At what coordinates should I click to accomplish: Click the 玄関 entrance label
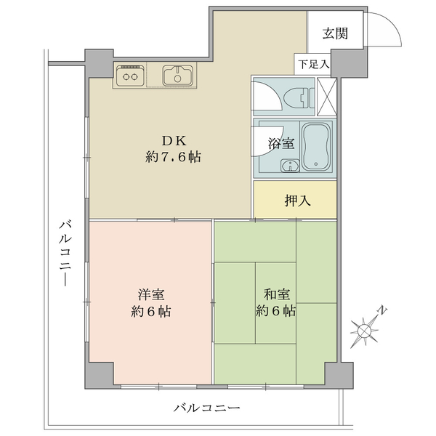[335, 33]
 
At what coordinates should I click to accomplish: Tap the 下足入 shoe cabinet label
[314, 65]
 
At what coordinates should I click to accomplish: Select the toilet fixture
[299, 97]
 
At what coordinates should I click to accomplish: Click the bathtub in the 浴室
[316, 147]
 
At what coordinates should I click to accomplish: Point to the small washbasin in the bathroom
[290, 166]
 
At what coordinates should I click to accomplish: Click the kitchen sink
[178, 76]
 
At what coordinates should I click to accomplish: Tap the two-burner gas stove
[130, 76]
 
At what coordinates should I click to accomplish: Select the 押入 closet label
[297, 201]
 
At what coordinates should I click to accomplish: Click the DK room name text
[174, 141]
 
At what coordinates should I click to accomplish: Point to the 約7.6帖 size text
[173, 157]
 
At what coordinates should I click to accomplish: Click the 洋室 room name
[151, 294]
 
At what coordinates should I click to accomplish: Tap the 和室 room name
[276, 294]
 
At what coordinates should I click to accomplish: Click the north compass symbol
[364, 330]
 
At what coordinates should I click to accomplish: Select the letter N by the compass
[383, 310]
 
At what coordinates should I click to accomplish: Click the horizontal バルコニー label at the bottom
[206, 408]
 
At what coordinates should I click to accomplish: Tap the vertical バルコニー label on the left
[65, 254]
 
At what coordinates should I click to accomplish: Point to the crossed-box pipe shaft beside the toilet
[327, 97]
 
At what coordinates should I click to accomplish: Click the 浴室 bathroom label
[281, 143]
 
